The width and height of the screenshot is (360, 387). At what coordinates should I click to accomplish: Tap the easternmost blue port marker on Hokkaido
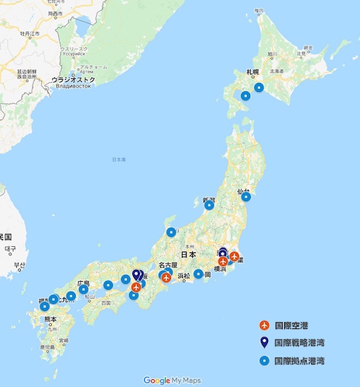(259, 87)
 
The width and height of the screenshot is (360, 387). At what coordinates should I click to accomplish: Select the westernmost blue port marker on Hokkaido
(245, 96)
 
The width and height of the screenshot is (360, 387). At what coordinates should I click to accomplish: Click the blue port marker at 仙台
(245, 197)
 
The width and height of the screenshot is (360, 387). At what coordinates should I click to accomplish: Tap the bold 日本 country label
(188, 255)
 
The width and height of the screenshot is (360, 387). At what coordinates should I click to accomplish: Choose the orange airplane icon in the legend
(266, 324)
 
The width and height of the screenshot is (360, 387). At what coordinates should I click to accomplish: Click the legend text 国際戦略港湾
(302, 342)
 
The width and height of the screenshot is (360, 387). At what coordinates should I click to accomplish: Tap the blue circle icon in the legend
(266, 361)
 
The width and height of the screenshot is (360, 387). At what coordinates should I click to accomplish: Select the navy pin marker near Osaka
(137, 275)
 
